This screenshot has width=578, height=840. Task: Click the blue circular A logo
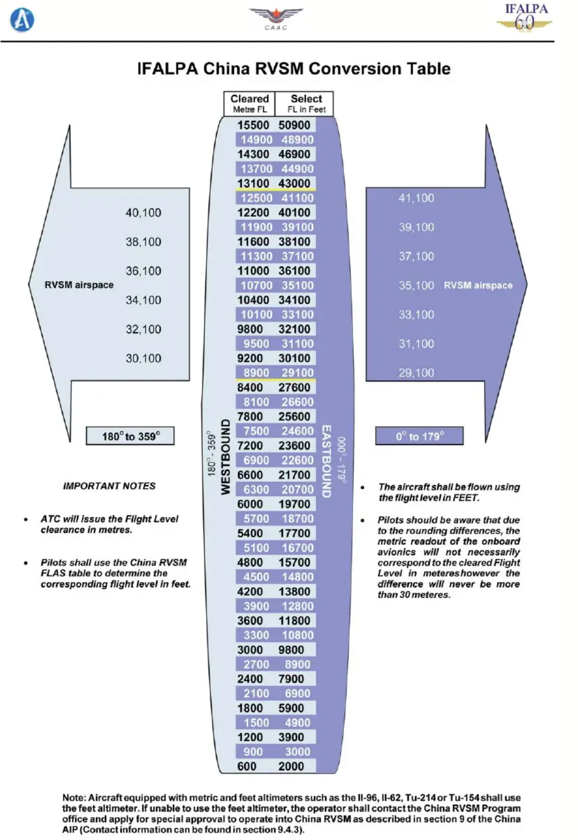tap(22, 20)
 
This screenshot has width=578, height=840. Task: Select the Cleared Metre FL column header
tap(249, 104)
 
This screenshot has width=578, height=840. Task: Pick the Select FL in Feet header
tap(306, 104)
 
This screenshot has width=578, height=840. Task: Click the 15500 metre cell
tap(253, 125)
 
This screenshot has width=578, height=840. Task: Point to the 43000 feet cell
tap(294, 183)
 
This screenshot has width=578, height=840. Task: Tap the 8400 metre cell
tap(250, 388)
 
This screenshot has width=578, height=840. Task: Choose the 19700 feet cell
tap(294, 504)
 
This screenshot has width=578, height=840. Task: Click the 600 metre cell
tap(247, 766)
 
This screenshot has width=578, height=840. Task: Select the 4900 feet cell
tap(297, 723)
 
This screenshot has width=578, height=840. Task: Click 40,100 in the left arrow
tap(143, 213)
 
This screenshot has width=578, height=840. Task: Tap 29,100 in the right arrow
tap(416, 373)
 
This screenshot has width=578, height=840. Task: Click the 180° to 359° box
tap(131, 436)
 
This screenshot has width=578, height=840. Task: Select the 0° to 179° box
tap(419, 436)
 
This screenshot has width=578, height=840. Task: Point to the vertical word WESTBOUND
tap(226, 457)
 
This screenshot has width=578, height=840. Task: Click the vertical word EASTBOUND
tap(326, 461)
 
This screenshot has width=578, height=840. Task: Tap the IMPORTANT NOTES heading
tap(109, 486)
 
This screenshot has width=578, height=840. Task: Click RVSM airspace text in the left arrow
tap(79, 285)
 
